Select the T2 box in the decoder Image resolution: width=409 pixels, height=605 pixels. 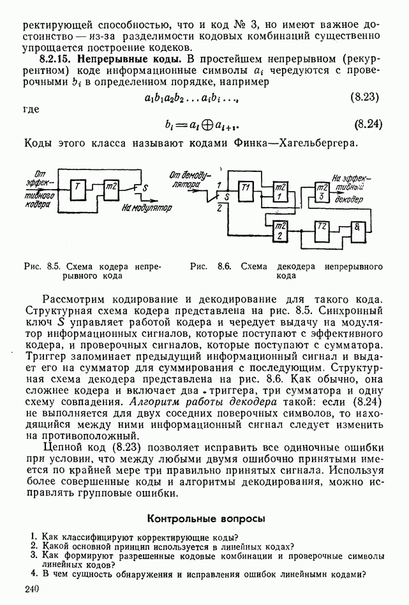coord(322,231)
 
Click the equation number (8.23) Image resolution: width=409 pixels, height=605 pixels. coord(368,97)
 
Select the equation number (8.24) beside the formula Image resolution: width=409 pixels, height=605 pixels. coord(368,124)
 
